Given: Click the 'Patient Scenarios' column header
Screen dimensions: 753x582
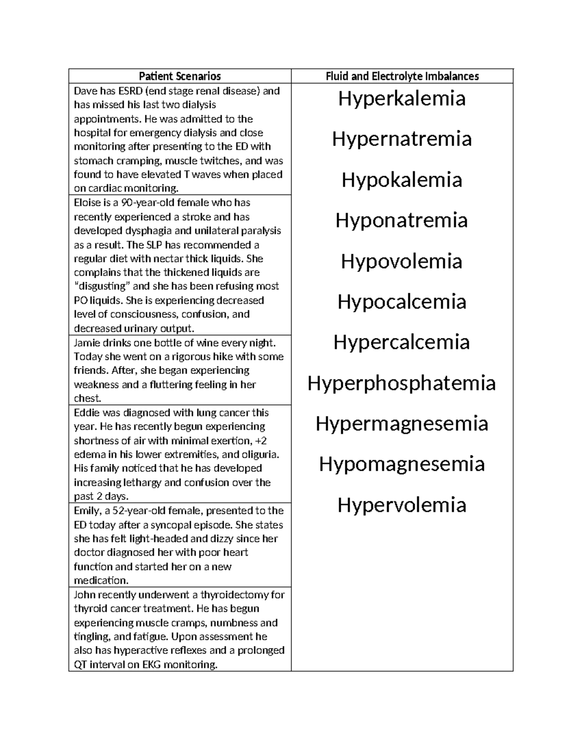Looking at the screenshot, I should tap(179, 76).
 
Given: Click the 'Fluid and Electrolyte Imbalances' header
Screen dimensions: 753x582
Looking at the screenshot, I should tap(402, 76).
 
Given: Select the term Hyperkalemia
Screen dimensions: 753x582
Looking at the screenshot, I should tap(402, 98).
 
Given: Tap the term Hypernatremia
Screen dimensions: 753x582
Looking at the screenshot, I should tap(402, 139).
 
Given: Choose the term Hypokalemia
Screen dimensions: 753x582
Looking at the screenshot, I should tap(402, 180).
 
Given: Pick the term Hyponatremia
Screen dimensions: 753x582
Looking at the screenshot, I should tap(402, 221).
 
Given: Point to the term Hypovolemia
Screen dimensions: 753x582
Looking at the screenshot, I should tap(402, 261).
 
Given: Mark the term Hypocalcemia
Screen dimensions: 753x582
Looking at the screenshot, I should tap(402, 302).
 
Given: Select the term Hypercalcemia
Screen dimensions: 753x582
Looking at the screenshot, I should tap(402, 342).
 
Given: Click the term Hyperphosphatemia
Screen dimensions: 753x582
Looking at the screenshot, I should tap(402, 383).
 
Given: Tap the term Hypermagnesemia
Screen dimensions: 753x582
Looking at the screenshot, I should tap(402, 423).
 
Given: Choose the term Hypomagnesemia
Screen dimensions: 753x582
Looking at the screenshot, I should tap(402, 464).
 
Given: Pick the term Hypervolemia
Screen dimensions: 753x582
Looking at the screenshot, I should tap(402, 505).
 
